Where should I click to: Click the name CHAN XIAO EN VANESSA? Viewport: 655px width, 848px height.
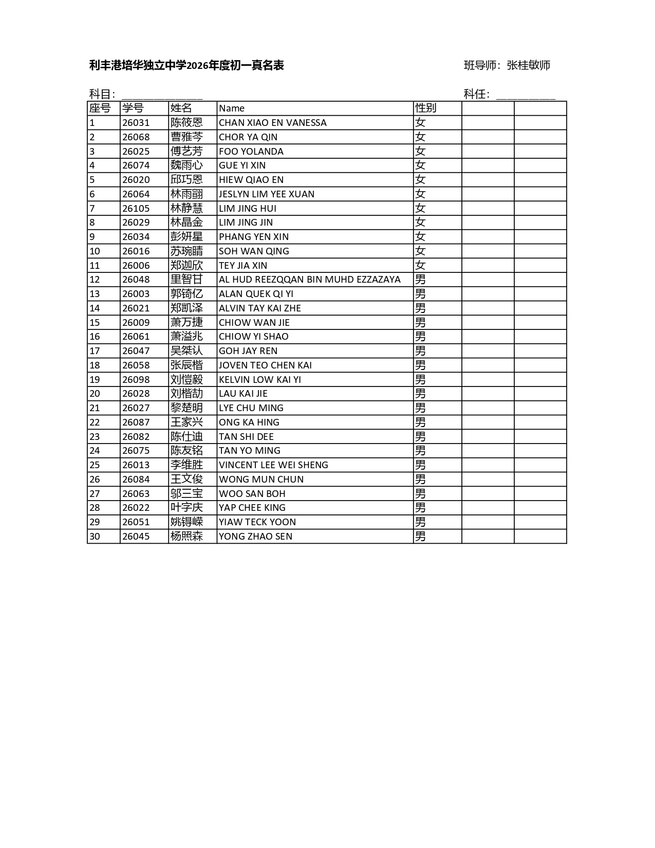pos(272,123)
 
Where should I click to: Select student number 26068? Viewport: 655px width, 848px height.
pos(136,137)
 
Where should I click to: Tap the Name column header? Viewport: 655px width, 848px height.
pos(232,108)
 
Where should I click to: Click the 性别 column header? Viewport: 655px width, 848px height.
pos(425,108)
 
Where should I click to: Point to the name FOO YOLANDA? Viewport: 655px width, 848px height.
pos(251,152)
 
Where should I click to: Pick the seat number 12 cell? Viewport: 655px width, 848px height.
pos(95,280)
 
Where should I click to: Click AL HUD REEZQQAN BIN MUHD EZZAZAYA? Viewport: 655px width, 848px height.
pos(309,280)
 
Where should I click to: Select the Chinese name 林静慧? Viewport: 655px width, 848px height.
pos(186,208)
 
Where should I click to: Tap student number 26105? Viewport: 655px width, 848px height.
pos(136,208)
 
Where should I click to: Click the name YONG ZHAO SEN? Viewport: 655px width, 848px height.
pos(255,537)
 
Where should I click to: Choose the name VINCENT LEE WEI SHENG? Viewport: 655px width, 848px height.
pos(273,465)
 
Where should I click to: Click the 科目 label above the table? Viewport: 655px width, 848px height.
pos(102,94)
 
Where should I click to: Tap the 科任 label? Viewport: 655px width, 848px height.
pos(476,94)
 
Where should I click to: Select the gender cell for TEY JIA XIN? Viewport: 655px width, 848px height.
pos(420,265)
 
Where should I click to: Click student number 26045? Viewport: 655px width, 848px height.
pos(136,537)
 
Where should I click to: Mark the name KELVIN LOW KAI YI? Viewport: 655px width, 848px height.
pos(259,380)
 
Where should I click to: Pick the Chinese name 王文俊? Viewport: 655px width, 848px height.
pos(186,480)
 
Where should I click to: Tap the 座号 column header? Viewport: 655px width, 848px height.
pos(100,108)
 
